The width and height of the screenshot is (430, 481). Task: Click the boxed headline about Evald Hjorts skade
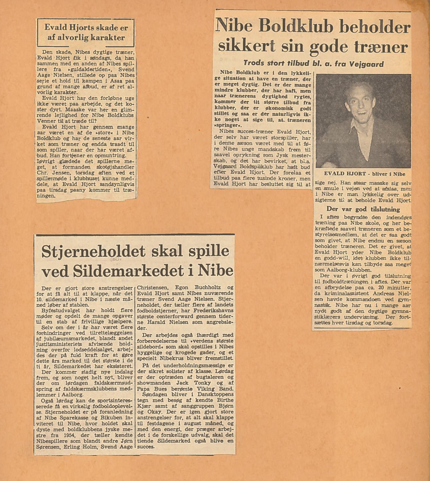85,32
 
